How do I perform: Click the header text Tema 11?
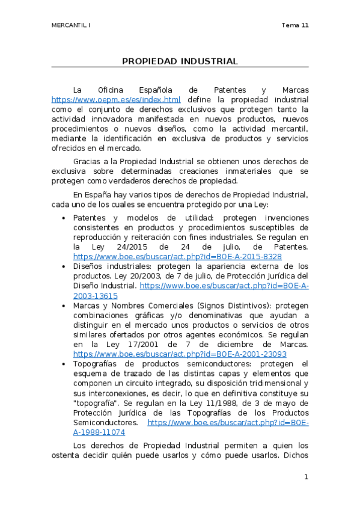click(294, 25)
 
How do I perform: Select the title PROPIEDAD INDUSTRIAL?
click(180, 61)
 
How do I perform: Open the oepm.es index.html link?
click(116, 100)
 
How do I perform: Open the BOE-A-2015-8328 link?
click(177, 256)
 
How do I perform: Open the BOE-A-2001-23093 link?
click(180, 354)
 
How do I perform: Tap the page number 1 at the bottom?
click(306, 477)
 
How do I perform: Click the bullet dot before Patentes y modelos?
click(64, 218)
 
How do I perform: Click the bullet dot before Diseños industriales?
click(64, 266)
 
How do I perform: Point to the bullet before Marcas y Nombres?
click(64, 306)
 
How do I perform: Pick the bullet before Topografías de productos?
click(64, 364)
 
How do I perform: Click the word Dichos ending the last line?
click(294, 456)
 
